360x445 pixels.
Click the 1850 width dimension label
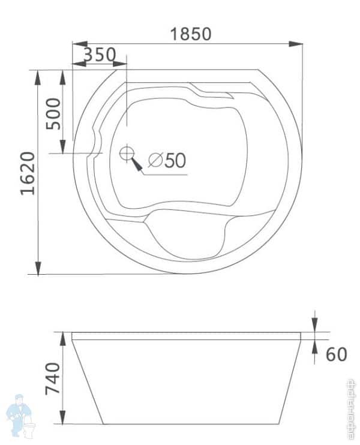190,34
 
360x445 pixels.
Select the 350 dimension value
100,55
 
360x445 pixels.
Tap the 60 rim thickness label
337,354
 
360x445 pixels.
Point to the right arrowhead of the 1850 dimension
296,44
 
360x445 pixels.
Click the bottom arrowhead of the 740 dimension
62,419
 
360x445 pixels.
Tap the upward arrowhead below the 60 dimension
316,347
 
